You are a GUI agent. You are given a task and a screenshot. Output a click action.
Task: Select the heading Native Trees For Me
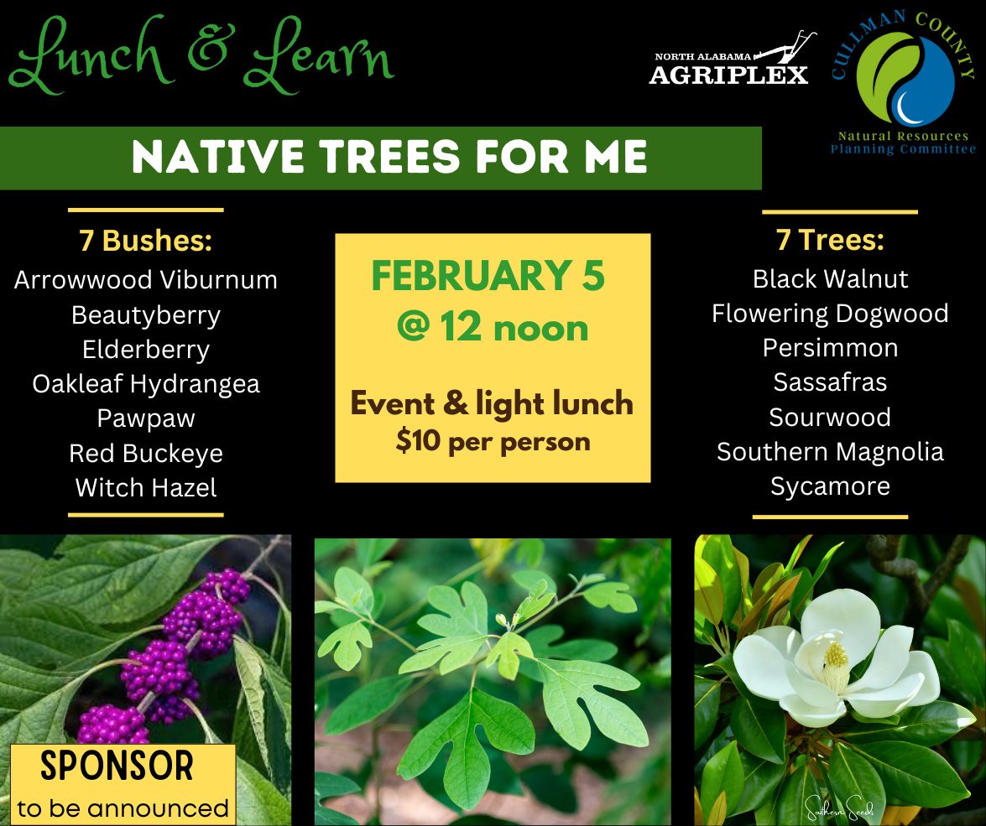(389, 157)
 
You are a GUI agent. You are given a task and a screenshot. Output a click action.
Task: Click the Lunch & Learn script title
(201, 55)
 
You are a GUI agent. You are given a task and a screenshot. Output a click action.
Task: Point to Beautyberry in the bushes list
(146, 315)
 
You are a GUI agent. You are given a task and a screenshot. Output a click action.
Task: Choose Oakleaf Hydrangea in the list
(146, 384)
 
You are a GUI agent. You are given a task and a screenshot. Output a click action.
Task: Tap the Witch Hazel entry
(146, 488)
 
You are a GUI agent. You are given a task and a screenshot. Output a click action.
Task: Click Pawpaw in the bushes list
(146, 418)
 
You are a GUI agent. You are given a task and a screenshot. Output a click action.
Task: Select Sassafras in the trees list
(830, 382)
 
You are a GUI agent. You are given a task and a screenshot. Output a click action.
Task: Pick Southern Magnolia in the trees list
(830, 452)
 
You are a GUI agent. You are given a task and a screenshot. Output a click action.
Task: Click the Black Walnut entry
(830, 279)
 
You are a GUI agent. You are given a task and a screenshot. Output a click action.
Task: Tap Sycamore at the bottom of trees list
(830, 486)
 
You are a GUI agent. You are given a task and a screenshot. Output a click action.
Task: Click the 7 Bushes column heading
(146, 241)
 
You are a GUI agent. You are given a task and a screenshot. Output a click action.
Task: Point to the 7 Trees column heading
(830, 240)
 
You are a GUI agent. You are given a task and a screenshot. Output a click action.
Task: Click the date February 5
(488, 276)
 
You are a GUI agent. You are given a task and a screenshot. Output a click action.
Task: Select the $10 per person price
(493, 441)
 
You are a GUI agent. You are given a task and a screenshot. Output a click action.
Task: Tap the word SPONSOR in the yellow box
(117, 765)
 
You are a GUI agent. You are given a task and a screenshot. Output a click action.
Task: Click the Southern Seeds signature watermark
(839, 807)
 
